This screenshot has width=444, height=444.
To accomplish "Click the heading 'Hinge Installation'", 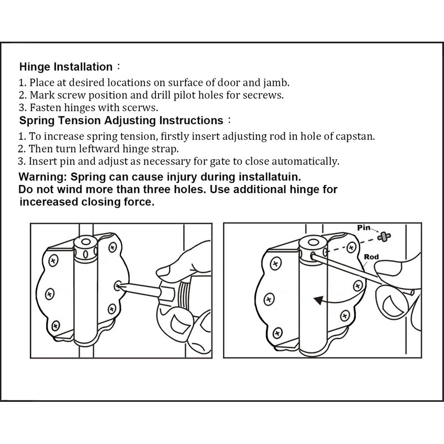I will tap(65, 67).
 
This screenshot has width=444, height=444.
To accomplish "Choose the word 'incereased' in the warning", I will tap(47, 203).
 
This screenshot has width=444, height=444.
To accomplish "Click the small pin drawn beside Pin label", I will tap(382, 236).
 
